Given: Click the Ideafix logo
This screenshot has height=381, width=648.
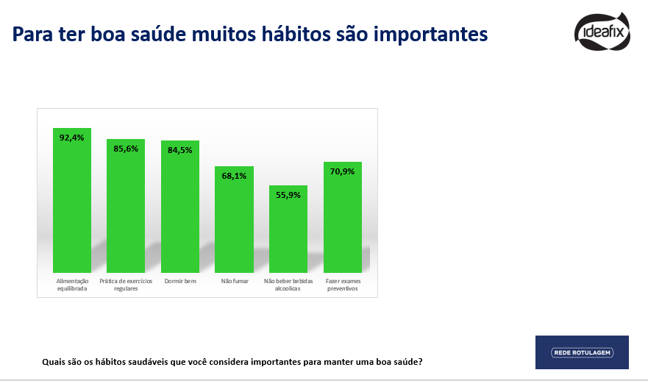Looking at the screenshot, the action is click(602, 32).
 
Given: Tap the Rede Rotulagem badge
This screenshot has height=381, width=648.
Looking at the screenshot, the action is click(582, 352).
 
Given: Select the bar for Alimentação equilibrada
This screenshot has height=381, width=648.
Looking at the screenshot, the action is click(72, 200).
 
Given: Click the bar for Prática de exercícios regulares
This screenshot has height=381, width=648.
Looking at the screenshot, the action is click(126, 206).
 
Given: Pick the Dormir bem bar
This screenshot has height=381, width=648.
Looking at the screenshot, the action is click(180, 207).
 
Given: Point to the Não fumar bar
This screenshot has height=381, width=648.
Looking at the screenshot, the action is click(235, 219).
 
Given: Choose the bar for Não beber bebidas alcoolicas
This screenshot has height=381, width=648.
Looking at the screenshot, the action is click(288, 229).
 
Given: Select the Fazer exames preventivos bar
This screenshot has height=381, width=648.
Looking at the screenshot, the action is click(343, 218).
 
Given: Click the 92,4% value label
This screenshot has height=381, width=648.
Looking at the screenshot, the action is click(72, 138).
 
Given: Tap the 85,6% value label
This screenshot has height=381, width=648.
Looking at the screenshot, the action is click(126, 149).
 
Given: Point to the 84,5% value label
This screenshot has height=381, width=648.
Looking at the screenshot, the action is click(180, 151).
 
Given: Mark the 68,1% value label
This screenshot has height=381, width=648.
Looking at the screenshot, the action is click(235, 176).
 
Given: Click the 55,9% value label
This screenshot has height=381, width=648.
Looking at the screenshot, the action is click(288, 195).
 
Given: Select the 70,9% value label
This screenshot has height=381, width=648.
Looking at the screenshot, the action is click(343, 171).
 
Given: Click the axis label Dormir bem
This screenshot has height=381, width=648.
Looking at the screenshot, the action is click(180, 281).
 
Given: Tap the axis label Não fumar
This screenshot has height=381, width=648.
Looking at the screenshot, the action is click(235, 281).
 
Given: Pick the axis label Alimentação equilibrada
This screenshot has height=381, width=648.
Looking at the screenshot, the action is click(72, 285).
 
